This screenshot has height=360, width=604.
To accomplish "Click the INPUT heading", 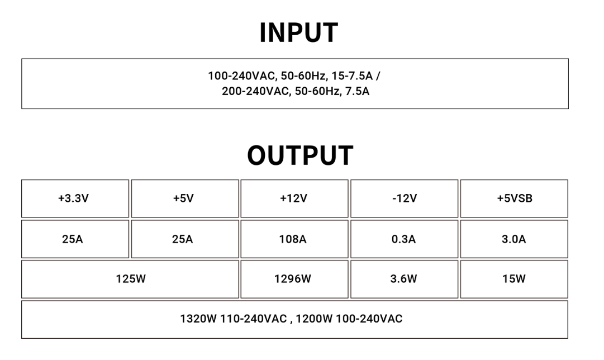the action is [299, 33].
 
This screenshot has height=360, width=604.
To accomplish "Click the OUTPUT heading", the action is [300, 155].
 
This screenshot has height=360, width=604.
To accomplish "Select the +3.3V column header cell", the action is [75, 198].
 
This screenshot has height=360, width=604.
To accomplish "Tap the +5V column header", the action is [185, 198].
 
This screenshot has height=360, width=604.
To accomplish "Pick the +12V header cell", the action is [294, 198].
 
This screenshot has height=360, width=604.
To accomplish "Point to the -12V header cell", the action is [404, 198].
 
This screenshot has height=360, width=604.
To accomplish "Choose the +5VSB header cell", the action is [514, 198].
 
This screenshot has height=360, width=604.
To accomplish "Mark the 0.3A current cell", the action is [404, 239].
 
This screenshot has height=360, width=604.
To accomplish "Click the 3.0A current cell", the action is [514, 239].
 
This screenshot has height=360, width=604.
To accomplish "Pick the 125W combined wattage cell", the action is [130, 279].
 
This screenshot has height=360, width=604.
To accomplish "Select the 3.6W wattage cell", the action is [404, 279].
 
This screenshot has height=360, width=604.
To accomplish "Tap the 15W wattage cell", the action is [514, 279].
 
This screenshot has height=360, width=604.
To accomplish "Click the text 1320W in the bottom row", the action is [198, 319].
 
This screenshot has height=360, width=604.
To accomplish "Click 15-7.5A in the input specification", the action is [352, 76].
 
